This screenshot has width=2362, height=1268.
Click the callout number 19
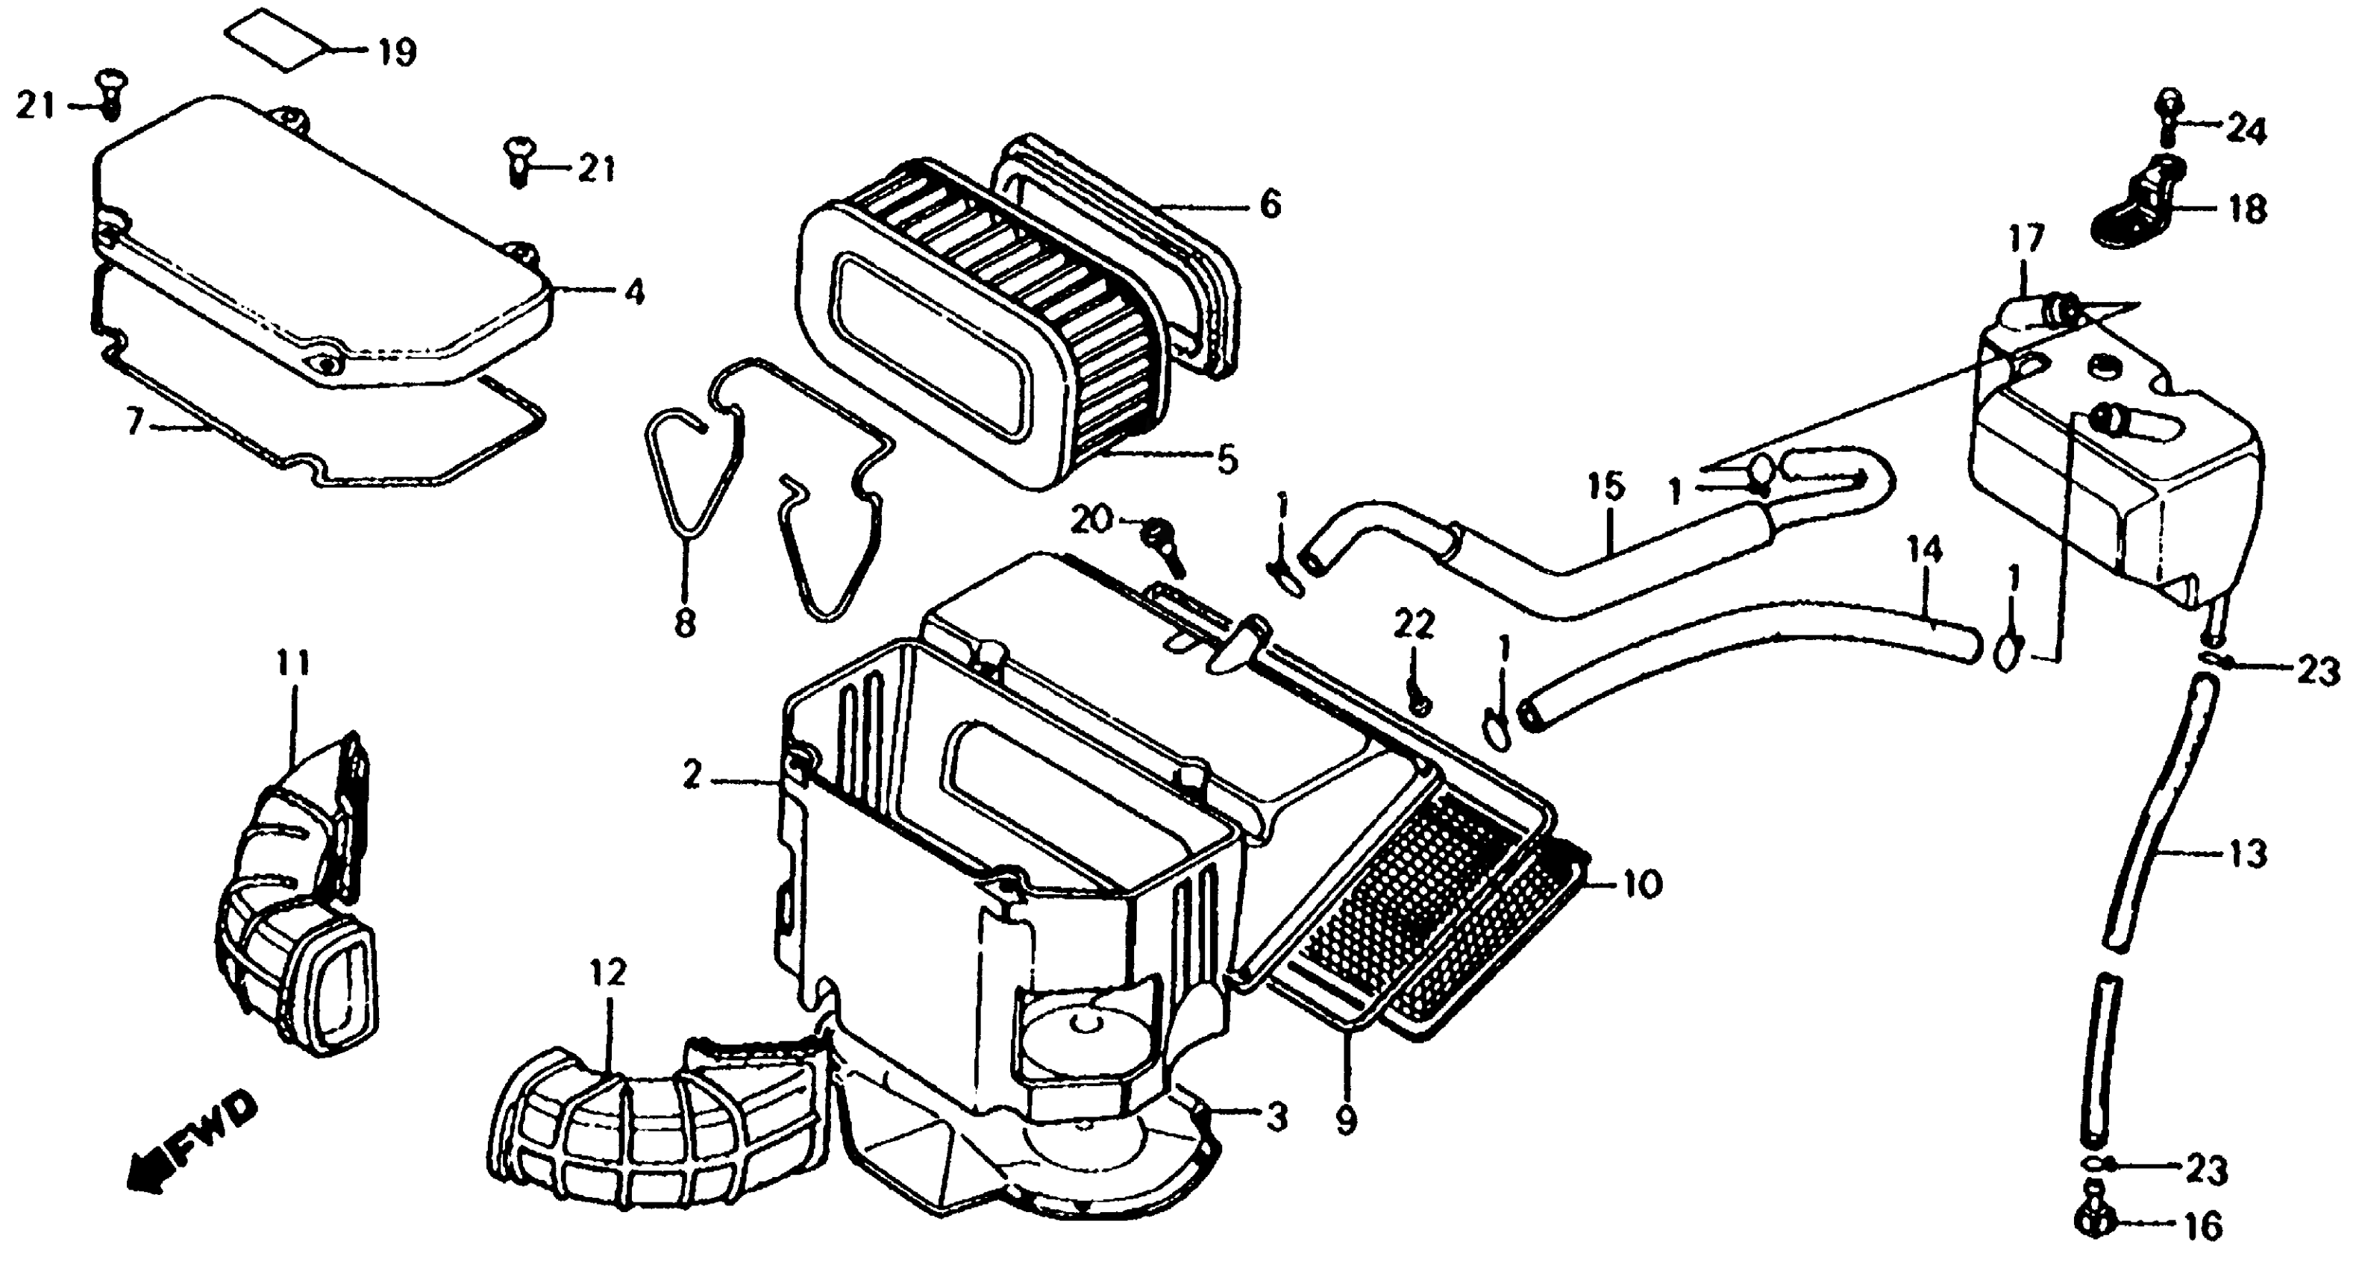(x=396, y=52)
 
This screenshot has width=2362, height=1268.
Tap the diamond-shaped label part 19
(x=277, y=40)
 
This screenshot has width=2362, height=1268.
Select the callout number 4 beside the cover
(x=633, y=292)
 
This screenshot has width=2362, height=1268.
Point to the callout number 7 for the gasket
(x=135, y=423)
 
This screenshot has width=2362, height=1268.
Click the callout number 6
(x=1270, y=205)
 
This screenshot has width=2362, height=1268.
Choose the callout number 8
(x=685, y=624)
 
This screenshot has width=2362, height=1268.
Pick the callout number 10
(x=1641, y=885)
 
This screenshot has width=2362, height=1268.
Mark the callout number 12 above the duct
(x=608, y=972)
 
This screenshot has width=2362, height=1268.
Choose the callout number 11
(x=293, y=662)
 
